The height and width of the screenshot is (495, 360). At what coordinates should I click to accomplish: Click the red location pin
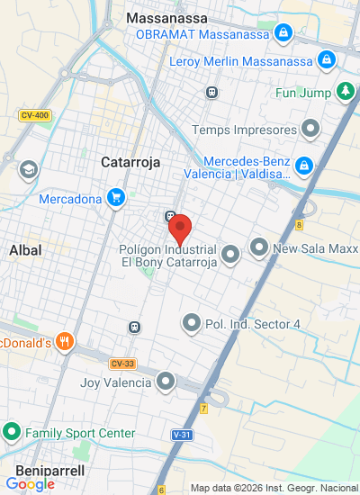click(180, 229)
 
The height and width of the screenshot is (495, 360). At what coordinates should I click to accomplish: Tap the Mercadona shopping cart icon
click(115, 197)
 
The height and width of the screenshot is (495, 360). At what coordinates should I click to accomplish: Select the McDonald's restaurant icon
click(64, 342)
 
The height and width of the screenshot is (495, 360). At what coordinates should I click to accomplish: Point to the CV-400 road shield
click(33, 115)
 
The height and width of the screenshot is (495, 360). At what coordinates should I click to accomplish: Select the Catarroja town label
click(130, 162)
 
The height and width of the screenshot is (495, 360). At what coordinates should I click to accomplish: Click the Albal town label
click(25, 249)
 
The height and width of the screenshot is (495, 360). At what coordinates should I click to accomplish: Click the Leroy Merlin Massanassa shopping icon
click(327, 61)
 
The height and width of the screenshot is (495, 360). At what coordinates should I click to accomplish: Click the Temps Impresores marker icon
click(310, 130)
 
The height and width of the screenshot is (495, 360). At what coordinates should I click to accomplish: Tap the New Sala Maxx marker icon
click(259, 247)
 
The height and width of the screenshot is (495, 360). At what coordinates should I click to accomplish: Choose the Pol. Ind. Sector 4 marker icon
click(191, 322)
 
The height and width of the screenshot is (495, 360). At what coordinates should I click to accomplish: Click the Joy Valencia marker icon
click(166, 382)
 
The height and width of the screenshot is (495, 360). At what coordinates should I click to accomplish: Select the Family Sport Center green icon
click(12, 433)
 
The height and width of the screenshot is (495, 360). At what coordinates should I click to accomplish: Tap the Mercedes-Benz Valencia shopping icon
click(305, 166)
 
